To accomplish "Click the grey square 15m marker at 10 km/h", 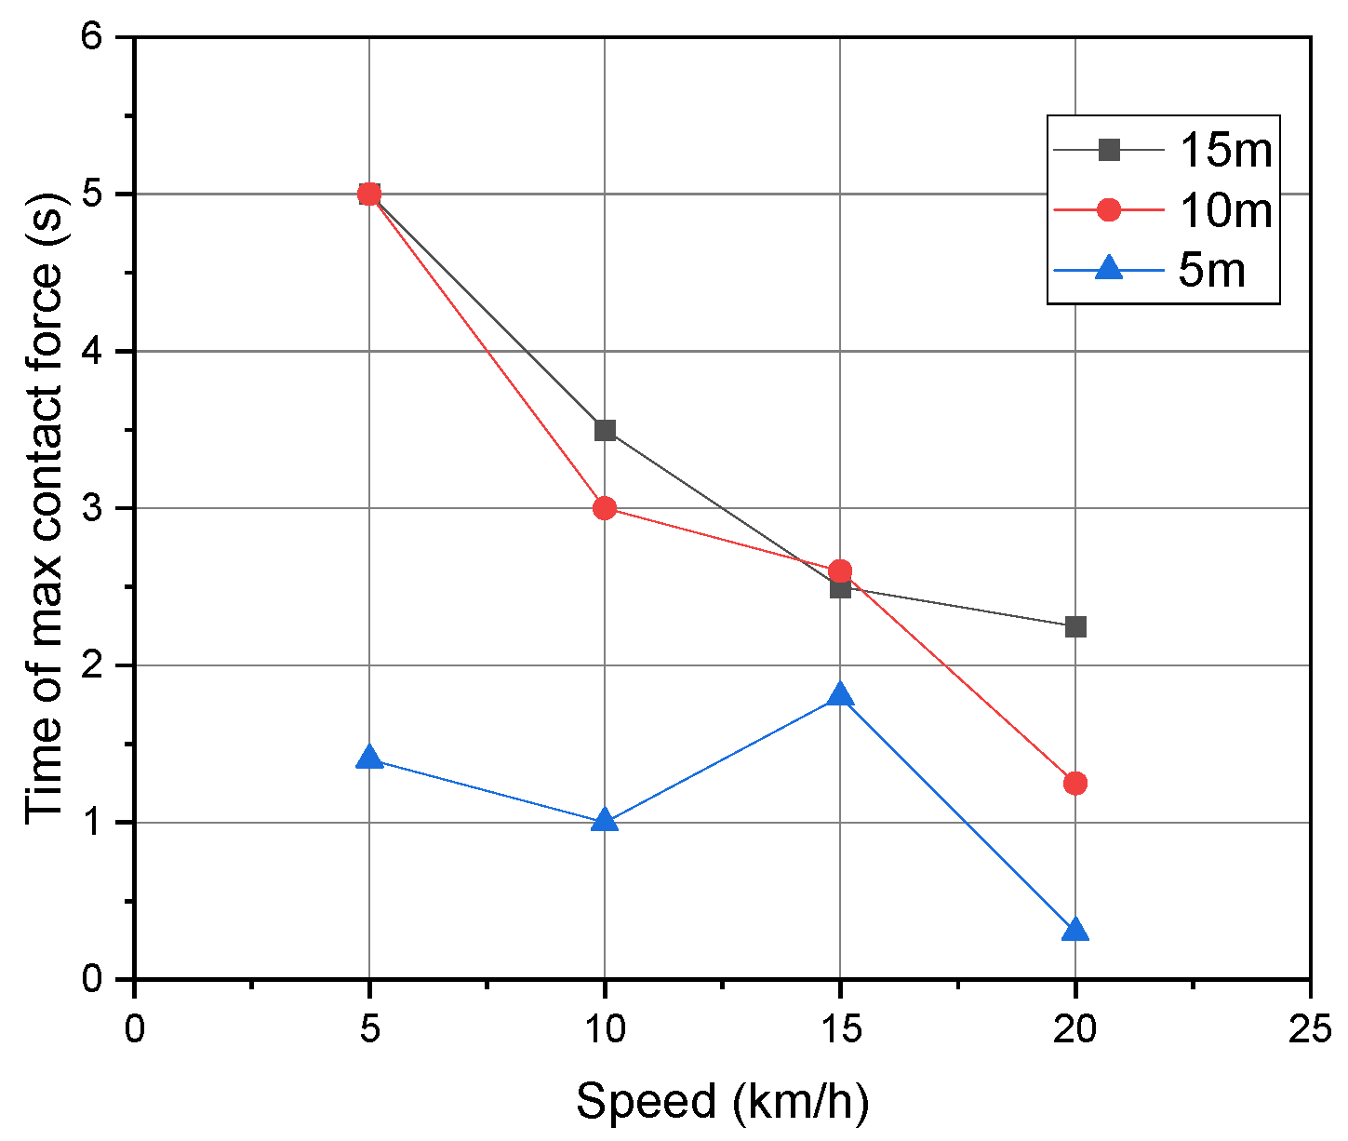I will click(x=605, y=430).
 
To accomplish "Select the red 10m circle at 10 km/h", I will click(x=605, y=508).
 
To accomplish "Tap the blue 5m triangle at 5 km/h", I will click(x=369, y=758).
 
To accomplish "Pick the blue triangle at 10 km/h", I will click(x=605, y=821).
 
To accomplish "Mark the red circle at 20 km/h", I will click(x=1075, y=784).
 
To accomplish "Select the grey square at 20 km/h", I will click(x=1075, y=627).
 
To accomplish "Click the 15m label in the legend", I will click(x=1225, y=150).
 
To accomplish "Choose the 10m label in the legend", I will click(x=1225, y=210).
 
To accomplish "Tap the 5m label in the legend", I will click(x=1211, y=271).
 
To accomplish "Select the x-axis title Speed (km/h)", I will click(x=722, y=1102).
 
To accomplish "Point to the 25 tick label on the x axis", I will click(x=1310, y=1029).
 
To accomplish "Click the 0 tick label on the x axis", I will click(x=135, y=1029).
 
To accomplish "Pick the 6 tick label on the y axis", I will click(x=97, y=38).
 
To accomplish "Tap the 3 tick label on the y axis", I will click(x=97, y=509).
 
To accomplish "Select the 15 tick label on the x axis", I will click(x=840, y=1029).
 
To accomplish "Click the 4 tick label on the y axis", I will click(x=97, y=352).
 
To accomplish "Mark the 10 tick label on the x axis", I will click(x=605, y=1029).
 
